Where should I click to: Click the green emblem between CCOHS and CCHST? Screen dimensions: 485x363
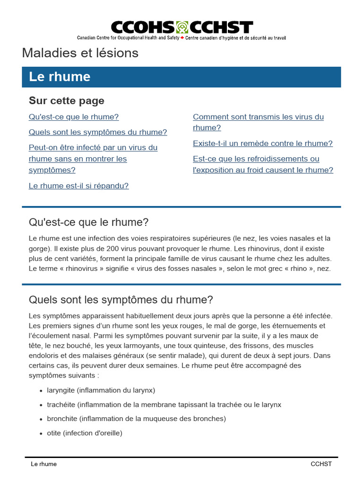tap(182, 27)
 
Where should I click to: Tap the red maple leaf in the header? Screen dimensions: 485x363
tap(182, 37)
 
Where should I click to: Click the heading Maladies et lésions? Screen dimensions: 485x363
tap(80, 53)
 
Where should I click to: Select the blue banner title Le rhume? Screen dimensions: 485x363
tap(60, 77)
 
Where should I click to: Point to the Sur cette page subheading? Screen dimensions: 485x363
tap(67, 100)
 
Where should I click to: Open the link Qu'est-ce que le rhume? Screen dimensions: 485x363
tap(74, 117)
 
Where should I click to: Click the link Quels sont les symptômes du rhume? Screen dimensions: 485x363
tap(98, 132)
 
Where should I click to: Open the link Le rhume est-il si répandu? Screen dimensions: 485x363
tap(78, 186)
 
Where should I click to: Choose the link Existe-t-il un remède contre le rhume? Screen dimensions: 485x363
tap(262, 143)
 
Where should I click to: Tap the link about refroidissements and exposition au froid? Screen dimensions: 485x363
tap(263, 164)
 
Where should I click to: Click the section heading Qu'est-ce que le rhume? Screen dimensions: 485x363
tap(88, 222)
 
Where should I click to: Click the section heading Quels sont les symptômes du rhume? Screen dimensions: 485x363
tap(121, 300)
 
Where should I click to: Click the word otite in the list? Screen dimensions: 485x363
tap(54, 433)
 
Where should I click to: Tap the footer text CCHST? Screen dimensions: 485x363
tap(321, 464)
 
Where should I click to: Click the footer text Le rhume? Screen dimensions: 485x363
tap(43, 464)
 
